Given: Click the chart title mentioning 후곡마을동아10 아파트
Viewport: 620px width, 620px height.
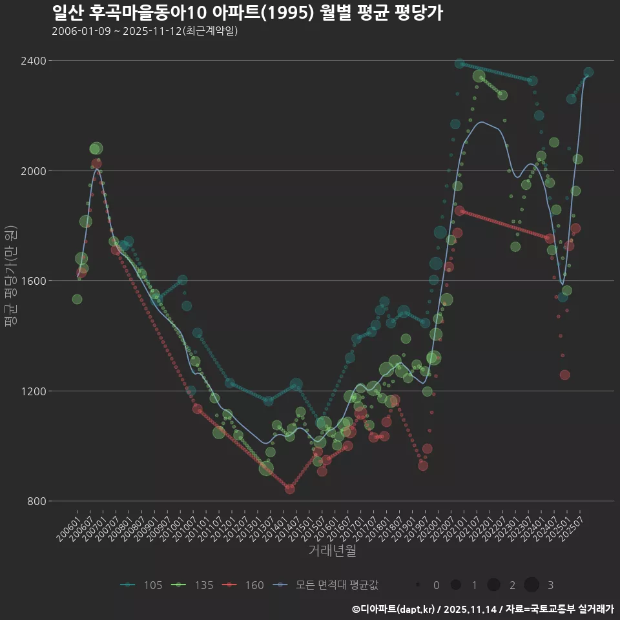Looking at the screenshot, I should pyautogui.click(x=247, y=13).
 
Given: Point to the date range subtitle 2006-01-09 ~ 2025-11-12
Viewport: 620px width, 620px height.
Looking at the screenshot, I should pyautogui.click(x=145, y=31).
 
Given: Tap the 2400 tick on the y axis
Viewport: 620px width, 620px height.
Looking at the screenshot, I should pyautogui.click(x=33, y=61).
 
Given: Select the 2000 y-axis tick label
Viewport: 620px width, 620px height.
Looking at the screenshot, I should pyautogui.click(x=33, y=170).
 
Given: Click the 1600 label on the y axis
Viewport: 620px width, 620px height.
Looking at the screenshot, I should pyautogui.click(x=33, y=281).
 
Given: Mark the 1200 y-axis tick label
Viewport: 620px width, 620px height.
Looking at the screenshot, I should pyautogui.click(x=33, y=391).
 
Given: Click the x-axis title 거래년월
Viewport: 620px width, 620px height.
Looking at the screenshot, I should pyautogui.click(x=332, y=550).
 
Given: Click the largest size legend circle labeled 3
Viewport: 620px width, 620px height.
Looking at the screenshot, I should pyautogui.click(x=532, y=585).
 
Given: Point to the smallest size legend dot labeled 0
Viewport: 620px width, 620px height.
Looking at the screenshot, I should pyautogui.click(x=418, y=585).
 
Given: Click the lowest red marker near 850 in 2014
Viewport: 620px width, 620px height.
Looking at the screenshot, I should pyautogui.click(x=289, y=489).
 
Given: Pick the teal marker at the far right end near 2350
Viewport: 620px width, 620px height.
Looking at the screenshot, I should pyautogui.click(x=588, y=72).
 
